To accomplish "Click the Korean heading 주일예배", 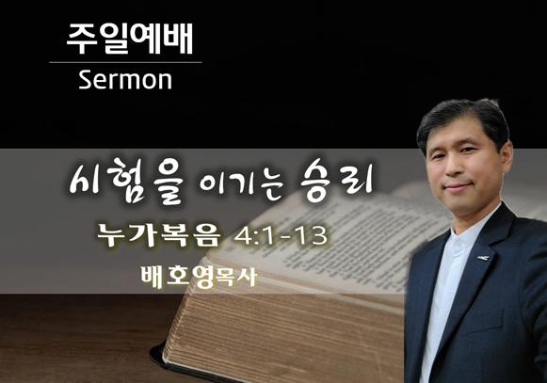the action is tap(129, 39).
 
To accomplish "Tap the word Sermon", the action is tap(125, 80).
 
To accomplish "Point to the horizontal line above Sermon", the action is tap(125, 62).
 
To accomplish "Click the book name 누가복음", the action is tap(159, 235).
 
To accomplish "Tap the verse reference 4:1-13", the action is tap(281, 236).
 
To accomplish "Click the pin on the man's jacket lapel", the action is tap(483, 258).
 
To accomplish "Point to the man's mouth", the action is tap(457, 186).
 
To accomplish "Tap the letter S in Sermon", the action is tap(85, 80).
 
